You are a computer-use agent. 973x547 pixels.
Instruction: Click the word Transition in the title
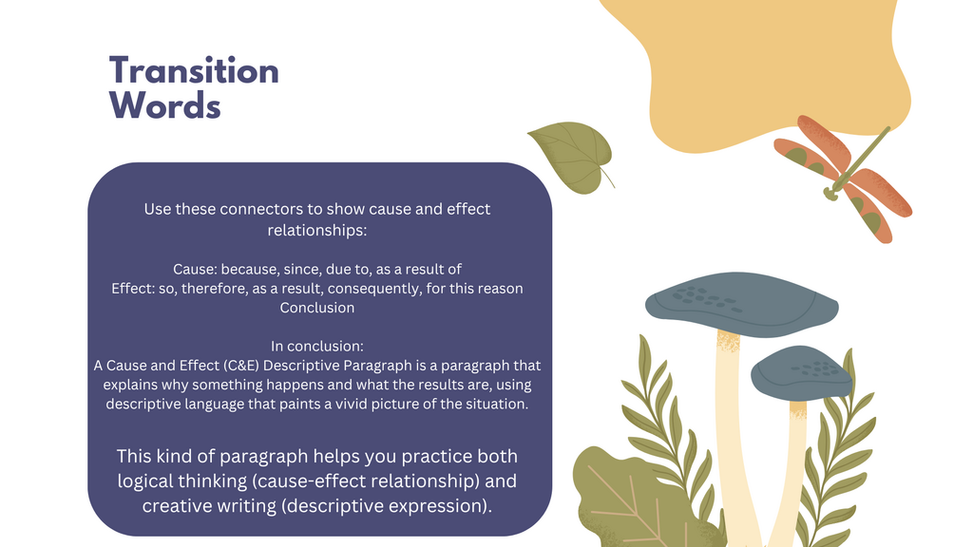[x=194, y=70]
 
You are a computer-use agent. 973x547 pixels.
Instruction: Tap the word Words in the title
[x=165, y=105]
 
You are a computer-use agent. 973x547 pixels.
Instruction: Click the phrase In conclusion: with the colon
[x=317, y=346]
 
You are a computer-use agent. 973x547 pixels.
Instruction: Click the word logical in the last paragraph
[x=145, y=481]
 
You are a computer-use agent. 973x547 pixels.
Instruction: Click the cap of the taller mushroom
[x=741, y=304]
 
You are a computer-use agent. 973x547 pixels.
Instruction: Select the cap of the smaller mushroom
[x=800, y=372]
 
